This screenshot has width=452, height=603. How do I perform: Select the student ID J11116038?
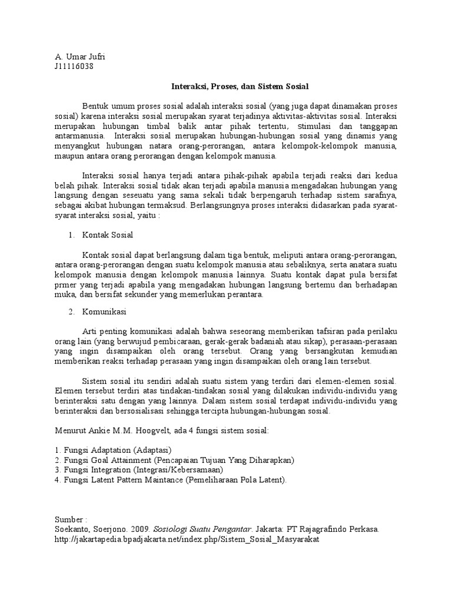74,66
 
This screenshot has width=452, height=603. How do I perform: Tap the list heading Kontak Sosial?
108,235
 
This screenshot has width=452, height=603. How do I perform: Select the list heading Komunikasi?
104,312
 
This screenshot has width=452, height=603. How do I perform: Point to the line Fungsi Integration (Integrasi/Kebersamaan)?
139,470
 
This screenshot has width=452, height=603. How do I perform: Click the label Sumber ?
71,519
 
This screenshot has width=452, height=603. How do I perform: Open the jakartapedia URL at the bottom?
187,539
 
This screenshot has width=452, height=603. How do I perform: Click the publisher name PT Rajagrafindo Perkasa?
331,529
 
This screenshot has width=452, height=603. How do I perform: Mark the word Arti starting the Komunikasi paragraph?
89,332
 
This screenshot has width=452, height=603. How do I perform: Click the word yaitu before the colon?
144,216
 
